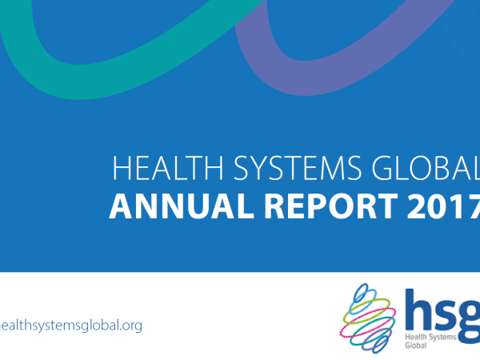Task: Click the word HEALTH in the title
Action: pos(168,168)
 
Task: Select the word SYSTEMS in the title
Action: pos(298,168)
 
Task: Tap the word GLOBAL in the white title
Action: pos(426,168)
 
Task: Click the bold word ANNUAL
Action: pos(182,206)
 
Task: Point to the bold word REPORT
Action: pos(331,206)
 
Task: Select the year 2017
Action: pos(443,206)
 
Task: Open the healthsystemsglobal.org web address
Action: pos(71,325)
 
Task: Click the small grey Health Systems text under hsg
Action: pos(430,337)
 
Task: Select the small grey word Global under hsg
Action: pos(416,346)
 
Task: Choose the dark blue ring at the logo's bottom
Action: pos(380,343)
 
